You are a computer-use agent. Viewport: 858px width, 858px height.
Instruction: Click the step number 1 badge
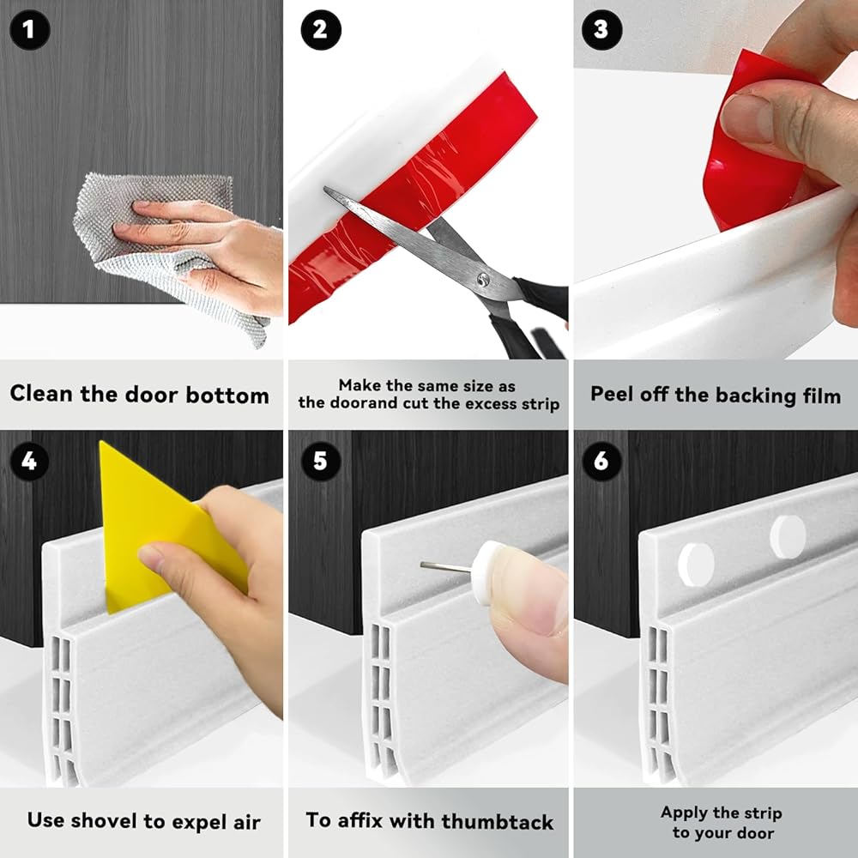pos(29,29)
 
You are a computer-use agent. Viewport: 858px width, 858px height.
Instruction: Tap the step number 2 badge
pos(321,29)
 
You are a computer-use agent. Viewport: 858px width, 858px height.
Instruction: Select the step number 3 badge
pos(601,29)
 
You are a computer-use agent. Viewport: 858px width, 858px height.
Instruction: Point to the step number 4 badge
pos(29,462)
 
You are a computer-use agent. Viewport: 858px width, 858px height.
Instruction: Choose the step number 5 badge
pos(321,462)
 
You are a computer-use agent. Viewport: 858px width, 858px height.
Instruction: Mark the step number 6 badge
pos(601,462)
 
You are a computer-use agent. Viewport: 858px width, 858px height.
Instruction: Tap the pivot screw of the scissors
pos(482,281)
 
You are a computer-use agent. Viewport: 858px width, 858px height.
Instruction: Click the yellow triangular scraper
pos(159,525)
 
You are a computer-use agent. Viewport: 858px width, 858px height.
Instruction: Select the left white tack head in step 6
pos(696,565)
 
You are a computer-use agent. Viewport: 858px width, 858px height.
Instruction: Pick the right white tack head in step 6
pos(788,537)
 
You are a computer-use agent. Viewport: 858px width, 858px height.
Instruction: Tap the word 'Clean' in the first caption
pos(41,394)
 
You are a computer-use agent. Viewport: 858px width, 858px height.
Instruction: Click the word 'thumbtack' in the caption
pos(498,821)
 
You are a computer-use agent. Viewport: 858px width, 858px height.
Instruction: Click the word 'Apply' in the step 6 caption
pos(682,813)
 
